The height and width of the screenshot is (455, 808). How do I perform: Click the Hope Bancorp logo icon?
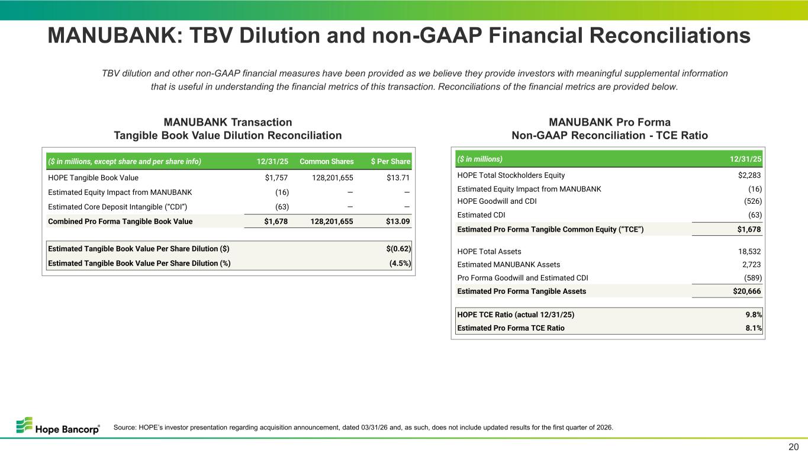click(x=24, y=425)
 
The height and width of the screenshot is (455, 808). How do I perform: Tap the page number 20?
click(x=794, y=447)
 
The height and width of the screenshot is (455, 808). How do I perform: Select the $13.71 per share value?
click(x=398, y=178)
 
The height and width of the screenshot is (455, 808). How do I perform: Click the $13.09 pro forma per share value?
click(x=398, y=222)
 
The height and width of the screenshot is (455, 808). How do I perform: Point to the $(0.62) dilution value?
click(x=398, y=249)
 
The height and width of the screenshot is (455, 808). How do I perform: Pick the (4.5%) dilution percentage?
click(x=400, y=263)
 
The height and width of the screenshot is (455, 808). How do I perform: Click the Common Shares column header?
click(x=326, y=161)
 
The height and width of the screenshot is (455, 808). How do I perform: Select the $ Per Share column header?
click(x=391, y=161)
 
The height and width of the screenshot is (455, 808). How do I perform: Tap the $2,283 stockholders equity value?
click(x=749, y=175)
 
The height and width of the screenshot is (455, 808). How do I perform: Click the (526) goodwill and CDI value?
click(x=753, y=201)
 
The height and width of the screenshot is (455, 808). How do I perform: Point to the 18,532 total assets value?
click(x=749, y=251)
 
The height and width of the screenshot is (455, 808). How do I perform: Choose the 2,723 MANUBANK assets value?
click(x=751, y=265)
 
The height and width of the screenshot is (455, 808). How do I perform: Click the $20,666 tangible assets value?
click(x=746, y=291)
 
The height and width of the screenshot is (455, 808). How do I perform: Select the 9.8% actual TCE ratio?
click(x=754, y=315)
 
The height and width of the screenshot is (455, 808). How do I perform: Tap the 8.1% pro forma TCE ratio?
click(x=754, y=328)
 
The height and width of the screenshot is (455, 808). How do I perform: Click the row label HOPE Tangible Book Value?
click(x=93, y=178)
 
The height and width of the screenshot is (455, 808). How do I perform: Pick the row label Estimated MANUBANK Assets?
click(x=508, y=265)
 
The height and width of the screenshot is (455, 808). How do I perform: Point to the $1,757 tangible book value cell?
click(x=276, y=178)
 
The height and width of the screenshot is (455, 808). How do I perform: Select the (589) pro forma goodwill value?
click(x=753, y=278)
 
